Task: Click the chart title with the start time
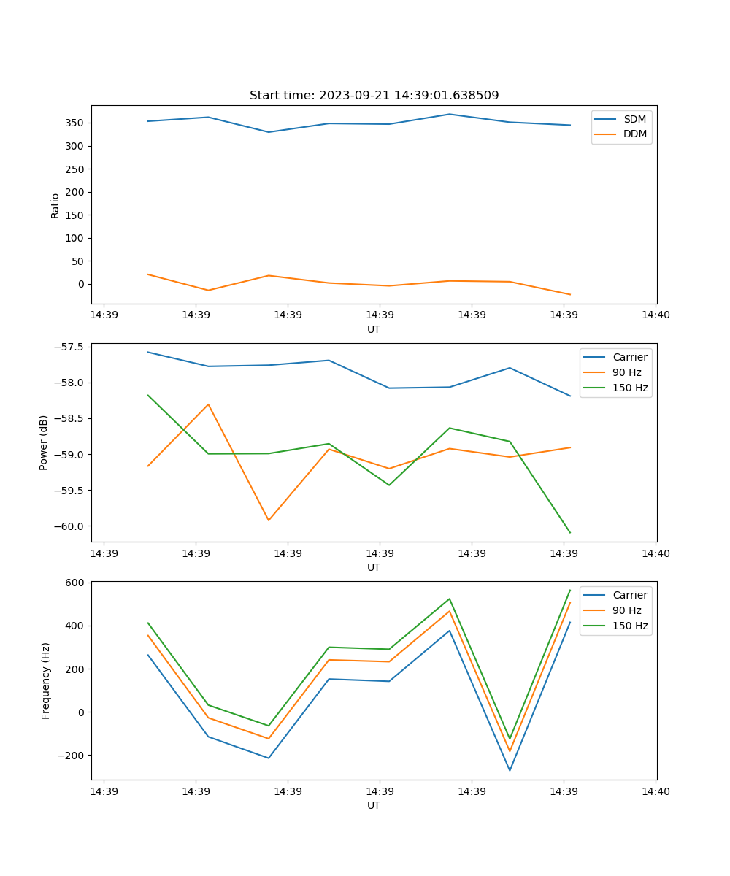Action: pos(374,96)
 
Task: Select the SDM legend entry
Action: pos(634,118)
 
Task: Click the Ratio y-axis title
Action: pos(55,205)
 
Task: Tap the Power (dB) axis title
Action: pos(45,442)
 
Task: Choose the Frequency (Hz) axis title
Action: pos(46,680)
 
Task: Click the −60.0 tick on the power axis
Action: pos(70,526)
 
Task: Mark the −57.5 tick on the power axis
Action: pos(70,347)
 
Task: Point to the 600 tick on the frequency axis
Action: pos(77,583)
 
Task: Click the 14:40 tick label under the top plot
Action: pos(655,315)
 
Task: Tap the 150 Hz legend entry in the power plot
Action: pos(630,388)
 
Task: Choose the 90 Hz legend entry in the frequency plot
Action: pos(627,610)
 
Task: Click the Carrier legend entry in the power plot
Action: pos(630,357)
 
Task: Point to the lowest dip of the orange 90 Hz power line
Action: pos(269,520)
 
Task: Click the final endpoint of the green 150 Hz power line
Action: pos(570,533)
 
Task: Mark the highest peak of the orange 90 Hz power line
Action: pos(208,404)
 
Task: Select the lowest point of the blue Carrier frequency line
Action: pos(510,771)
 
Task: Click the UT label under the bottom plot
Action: pos(374,805)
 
